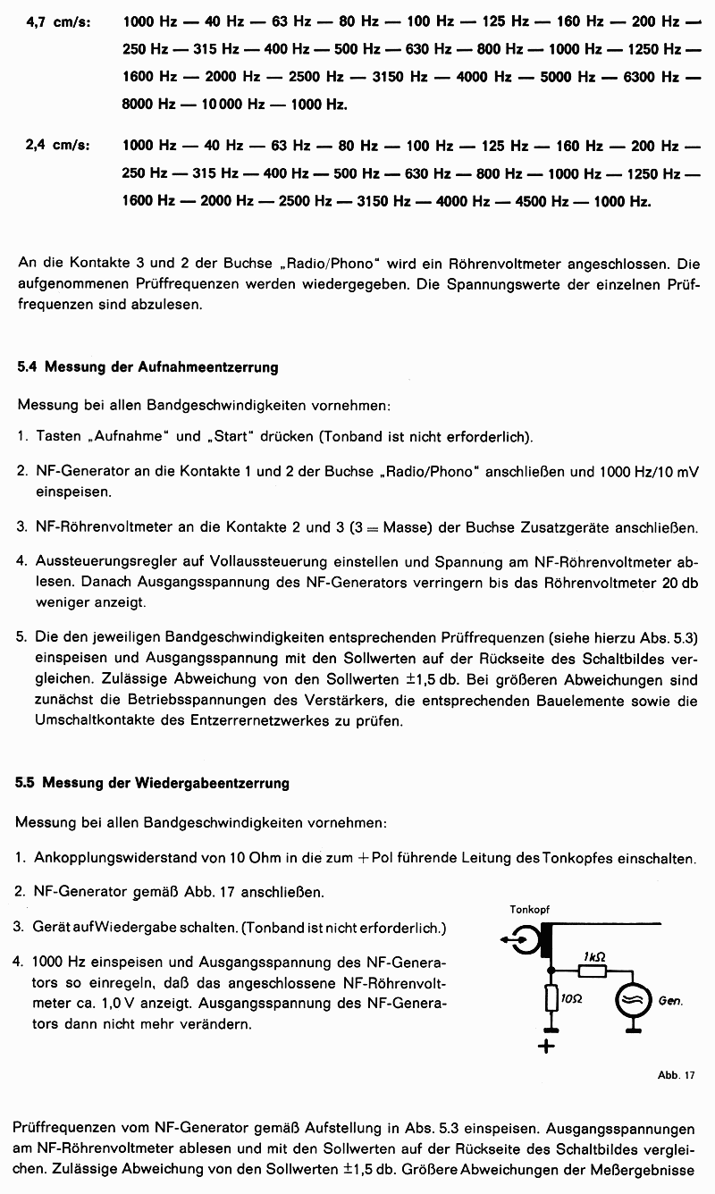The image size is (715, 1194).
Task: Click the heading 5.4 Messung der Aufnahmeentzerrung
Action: tap(147, 366)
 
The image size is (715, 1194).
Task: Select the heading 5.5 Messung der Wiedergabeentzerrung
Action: tap(152, 783)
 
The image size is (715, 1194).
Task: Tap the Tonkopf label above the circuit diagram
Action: tap(529, 910)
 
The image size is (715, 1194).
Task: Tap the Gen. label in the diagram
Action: tap(670, 1001)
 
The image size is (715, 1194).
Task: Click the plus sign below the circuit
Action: tap(547, 1046)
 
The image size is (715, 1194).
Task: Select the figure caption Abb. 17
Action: tap(676, 1075)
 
